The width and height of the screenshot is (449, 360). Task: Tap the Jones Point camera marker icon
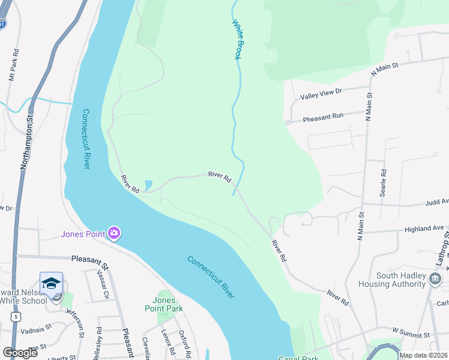coord(114,233)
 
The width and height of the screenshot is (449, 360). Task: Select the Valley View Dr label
coord(321,93)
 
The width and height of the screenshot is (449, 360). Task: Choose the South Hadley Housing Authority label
coord(400,280)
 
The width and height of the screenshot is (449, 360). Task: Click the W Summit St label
coord(412,331)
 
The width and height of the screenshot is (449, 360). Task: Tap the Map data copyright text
coord(423,355)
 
